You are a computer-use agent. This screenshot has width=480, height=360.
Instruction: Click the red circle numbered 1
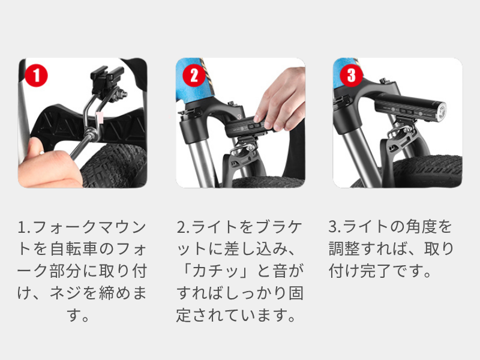click(x=36, y=76)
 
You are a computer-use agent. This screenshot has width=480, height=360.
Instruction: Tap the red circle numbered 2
click(x=194, y=76)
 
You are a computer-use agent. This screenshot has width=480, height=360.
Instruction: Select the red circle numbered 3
click(x=352, y=76)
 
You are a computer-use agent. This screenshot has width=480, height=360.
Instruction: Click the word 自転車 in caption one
click(x=74, y=249)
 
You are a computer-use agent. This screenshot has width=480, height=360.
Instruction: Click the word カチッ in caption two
click(x=215, y=271)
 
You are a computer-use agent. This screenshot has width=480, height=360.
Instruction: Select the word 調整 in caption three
click(x=344, y=249)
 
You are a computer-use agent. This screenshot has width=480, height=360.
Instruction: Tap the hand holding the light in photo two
click(x=281, y=98)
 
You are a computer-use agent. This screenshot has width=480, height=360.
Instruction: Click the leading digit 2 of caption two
click(x=181, y=227)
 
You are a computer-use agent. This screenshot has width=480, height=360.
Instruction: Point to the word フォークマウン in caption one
click(x=89, y=227)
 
